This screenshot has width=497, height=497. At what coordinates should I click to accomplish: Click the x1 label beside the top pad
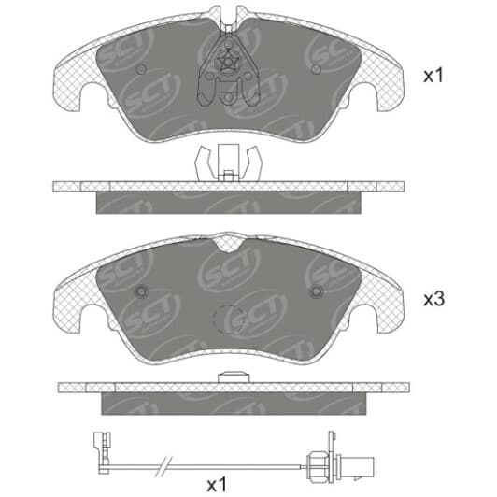click(433, 76)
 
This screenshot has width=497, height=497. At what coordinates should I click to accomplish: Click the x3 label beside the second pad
click(434, 299)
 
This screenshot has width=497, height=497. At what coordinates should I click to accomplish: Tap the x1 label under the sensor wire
click(217, 484)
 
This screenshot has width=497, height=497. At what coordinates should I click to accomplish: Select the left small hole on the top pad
click(141, 69)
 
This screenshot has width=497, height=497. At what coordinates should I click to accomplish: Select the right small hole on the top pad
click(317, 69)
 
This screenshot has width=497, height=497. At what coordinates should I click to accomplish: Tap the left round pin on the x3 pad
click(141, 291)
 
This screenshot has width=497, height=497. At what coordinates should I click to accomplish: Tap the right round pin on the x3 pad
click(317, 291)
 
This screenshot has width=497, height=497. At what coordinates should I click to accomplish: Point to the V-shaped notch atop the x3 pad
click(228, 244)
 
